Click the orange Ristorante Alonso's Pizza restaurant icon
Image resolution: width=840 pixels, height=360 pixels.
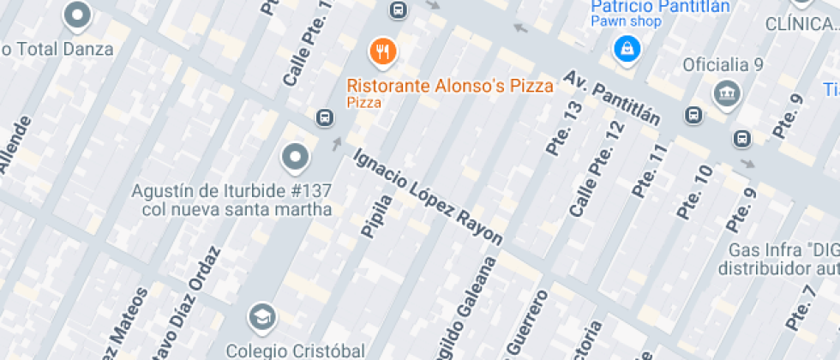pos(382,51)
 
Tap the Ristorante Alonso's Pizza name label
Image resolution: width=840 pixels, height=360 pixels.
pos(450,85)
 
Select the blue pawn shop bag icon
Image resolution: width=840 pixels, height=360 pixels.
pos(627,48)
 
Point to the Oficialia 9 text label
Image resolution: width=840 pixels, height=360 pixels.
pos(723,65)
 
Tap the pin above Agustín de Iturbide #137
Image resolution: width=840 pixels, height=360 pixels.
pos(296,157)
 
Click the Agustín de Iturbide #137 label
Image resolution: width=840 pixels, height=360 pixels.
pos(231,199)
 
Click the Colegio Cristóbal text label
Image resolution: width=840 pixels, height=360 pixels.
pos(296,350)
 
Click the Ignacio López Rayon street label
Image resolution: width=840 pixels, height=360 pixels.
pos(428,197)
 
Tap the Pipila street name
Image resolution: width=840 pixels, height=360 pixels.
pos(377,215)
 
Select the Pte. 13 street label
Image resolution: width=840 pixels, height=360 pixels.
pos(564,129)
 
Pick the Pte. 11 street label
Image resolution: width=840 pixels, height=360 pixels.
pos(649,171)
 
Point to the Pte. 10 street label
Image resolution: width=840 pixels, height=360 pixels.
pos(693,192)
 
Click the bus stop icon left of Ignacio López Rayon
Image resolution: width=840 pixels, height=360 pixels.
pos(325,117)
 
